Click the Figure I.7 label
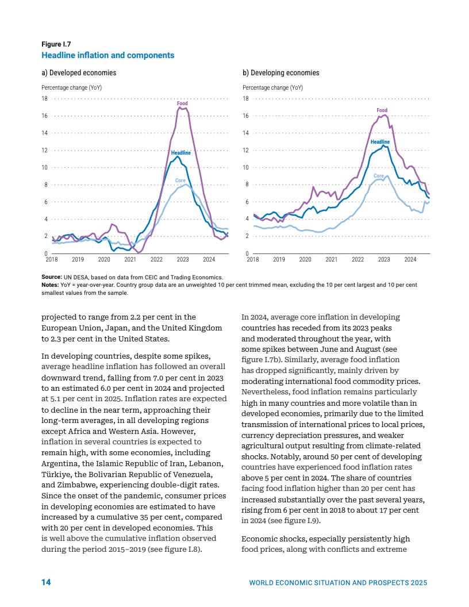[56, 44]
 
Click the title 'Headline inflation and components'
[107, 55]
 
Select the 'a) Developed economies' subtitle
[79, 73]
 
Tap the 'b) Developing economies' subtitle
[281, 73]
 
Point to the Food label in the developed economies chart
[182, 103]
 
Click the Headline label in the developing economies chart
[380, 141]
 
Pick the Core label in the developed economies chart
[180, 180]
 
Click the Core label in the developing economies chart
[379, 176]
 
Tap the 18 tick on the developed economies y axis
[45, 99]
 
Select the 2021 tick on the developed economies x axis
[130, 260]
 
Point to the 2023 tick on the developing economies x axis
[384, 260]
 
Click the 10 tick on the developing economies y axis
[246, 167]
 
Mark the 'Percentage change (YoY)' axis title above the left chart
[71, 88]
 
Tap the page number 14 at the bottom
[46, 582]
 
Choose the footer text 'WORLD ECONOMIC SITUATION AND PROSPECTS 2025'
[338, 583]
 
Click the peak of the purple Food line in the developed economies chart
[179, 107]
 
